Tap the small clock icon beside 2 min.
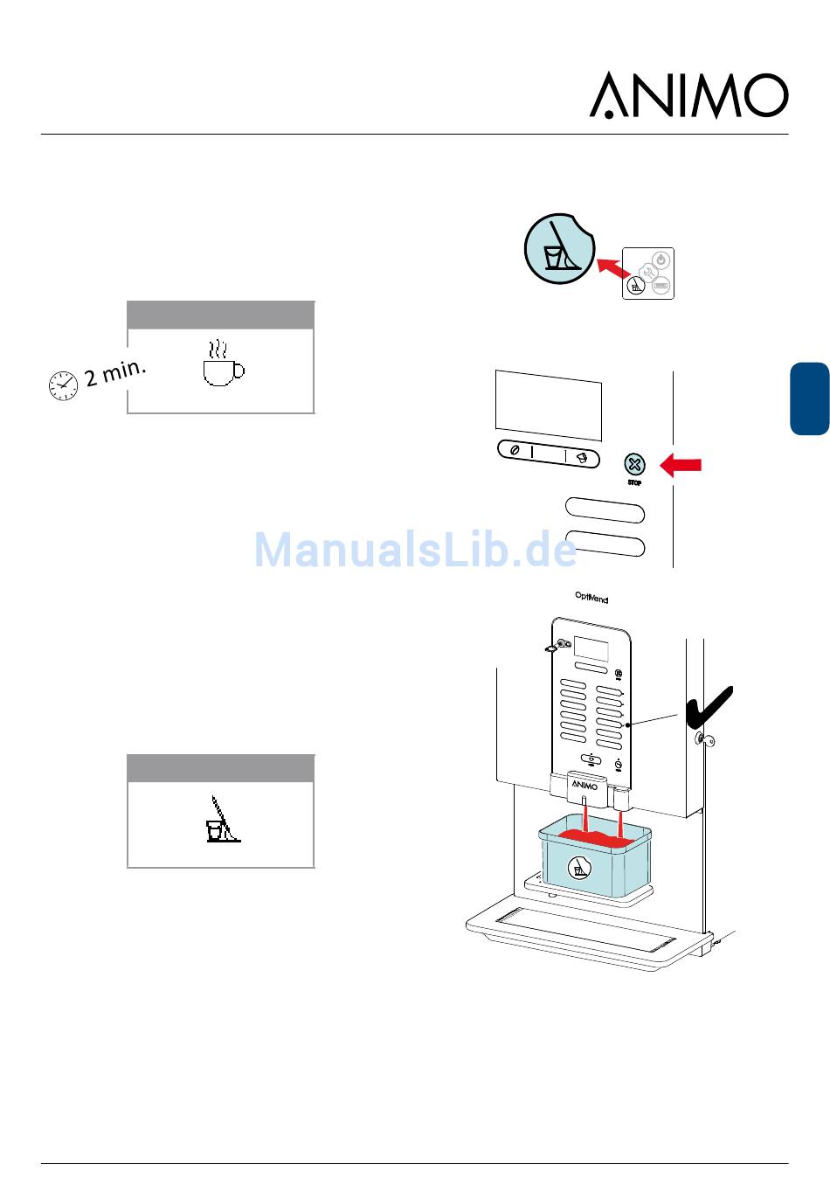tap(63, 385)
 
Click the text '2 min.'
tap(114, 372)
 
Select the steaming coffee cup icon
tap(223, 364)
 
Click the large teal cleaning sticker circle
tap(558, 248)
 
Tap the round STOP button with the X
tap(635, 464)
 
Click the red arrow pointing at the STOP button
tap(681, 465)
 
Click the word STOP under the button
tap(634, 483)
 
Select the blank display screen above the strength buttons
tap(548, 405)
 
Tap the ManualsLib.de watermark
tap(415, 550)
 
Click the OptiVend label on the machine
tap(591, 598)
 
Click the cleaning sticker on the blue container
tap(579, 868)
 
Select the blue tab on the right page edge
tap(809, 398)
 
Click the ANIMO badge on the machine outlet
tap(584, 785)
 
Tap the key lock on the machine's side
tap(703, 740)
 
